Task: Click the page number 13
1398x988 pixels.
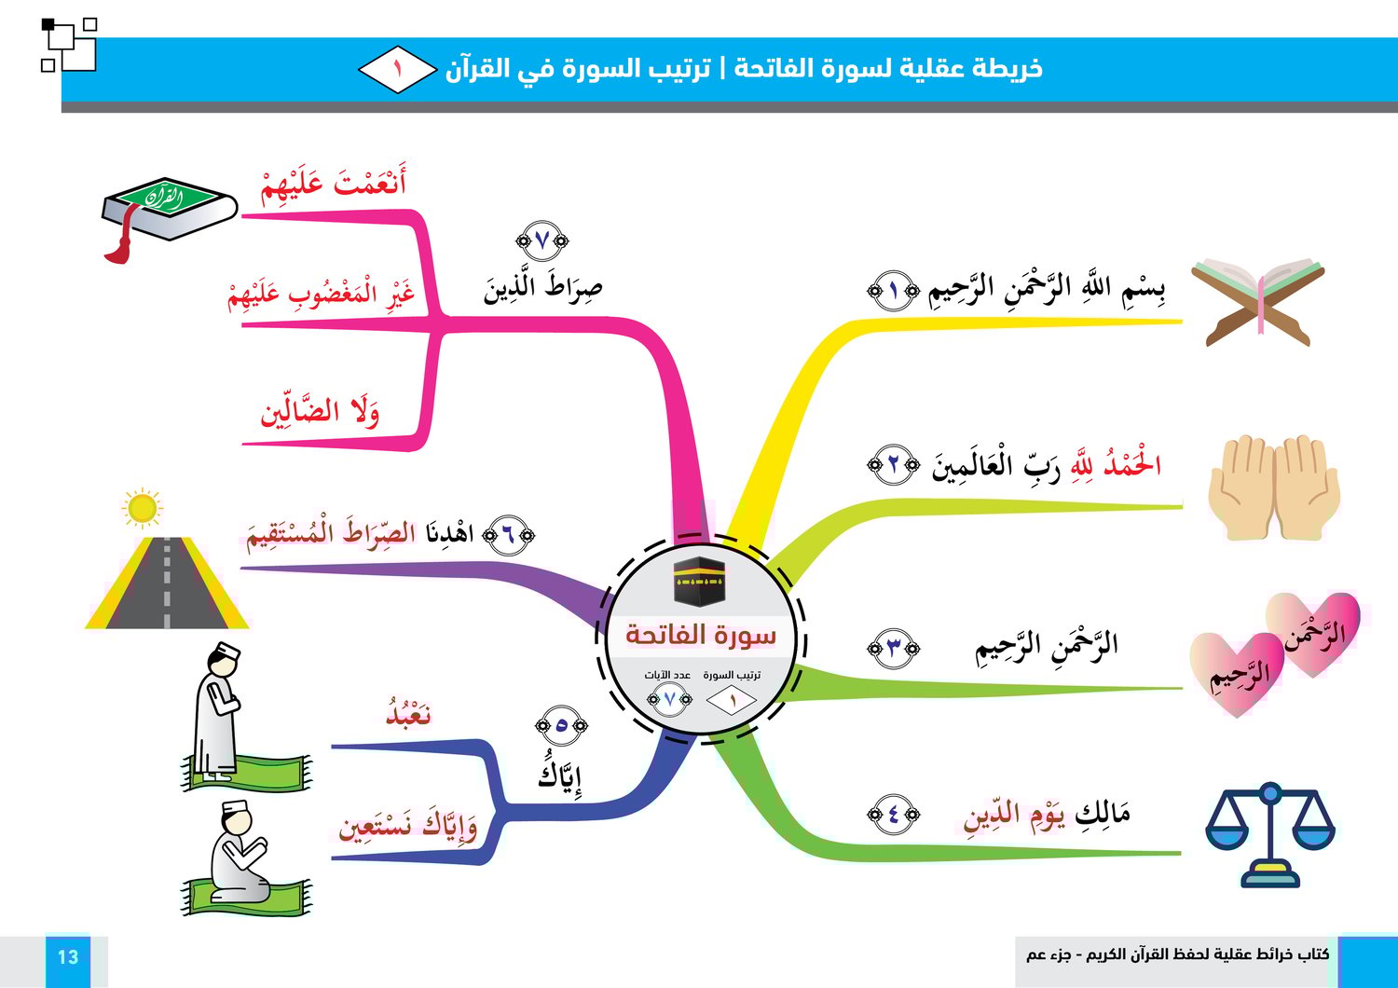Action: pyautogui.click(x=68, y=957)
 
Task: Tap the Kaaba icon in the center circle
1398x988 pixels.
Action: pyautogui.click(x=699, y=581)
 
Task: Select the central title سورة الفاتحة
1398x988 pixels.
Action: pyautogui.click(x=701, y=635)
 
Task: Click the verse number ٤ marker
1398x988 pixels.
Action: pyautogui.click(x=893, y=814)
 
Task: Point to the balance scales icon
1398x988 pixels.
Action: pyautogui.click(x=1270, y=834)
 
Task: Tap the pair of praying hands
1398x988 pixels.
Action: pyautogui.click(x=1274, y=487)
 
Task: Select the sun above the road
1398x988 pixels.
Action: pyautogui.click(x=143, y=508)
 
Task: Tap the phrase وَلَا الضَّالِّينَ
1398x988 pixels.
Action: pyautogui.click(x=320, y=411)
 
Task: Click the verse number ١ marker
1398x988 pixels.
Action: pyautogui.click(x=893, y=290)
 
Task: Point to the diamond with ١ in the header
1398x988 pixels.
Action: pyautogui.click(x=398, y=69)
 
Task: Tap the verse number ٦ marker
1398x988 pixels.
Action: pyautogui.click(x=509, y=535)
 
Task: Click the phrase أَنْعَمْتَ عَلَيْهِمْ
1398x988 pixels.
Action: pyautogui.click(x=334, y=183)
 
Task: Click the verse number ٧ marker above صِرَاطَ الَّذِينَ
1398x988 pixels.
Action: pyautogui.click(x=541, y=240)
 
